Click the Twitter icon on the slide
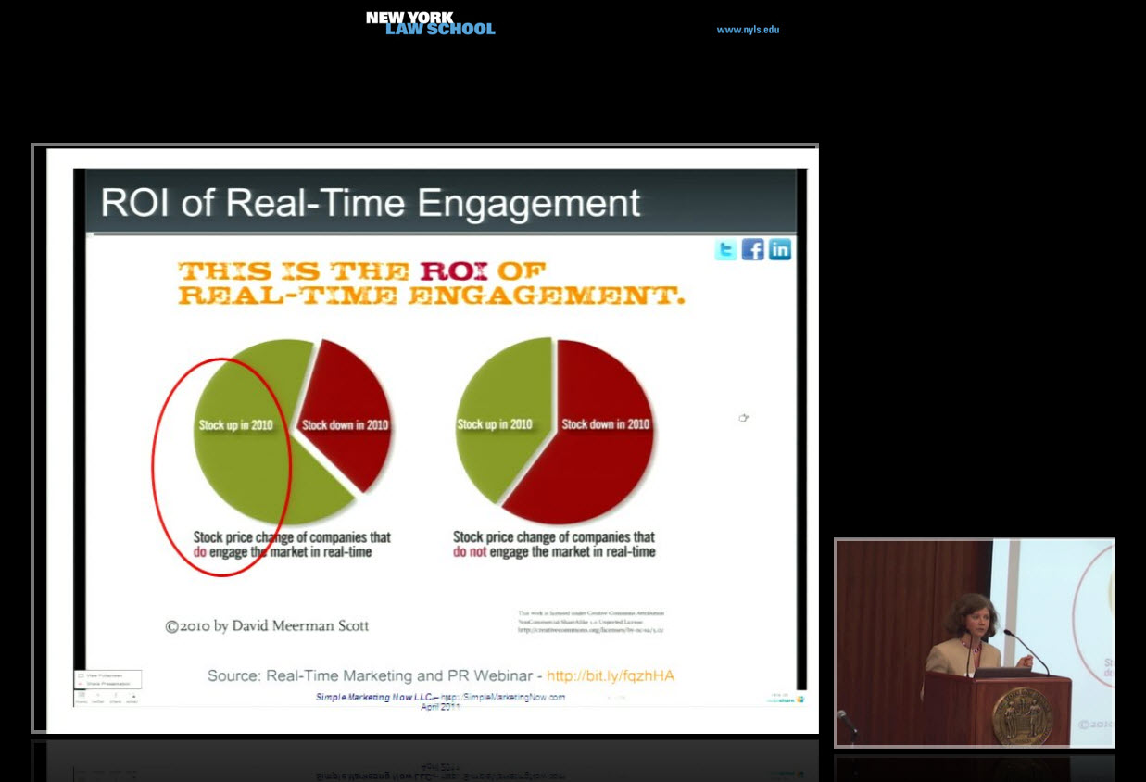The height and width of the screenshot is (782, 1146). tap(725, 249)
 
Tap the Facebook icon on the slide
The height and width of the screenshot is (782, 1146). tap(752, 249)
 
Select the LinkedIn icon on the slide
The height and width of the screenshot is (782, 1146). tap(780, 249)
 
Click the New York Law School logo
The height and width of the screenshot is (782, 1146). tap(430, 23)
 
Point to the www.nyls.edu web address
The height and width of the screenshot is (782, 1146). tap(748, 30)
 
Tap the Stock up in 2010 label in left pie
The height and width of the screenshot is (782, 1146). tap(236, 425)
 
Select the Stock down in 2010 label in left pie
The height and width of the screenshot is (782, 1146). tap(346, 425)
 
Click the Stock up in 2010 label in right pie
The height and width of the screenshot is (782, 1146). tap(495, 424)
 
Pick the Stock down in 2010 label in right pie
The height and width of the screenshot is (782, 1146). tap(606, 424)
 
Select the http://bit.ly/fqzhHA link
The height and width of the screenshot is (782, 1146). tap(611, 675)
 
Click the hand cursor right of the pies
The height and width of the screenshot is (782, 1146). tap(743, 418)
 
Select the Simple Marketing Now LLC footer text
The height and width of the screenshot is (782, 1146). tap(372, 697)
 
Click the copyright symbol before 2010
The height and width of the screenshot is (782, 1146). tap(171, 627)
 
